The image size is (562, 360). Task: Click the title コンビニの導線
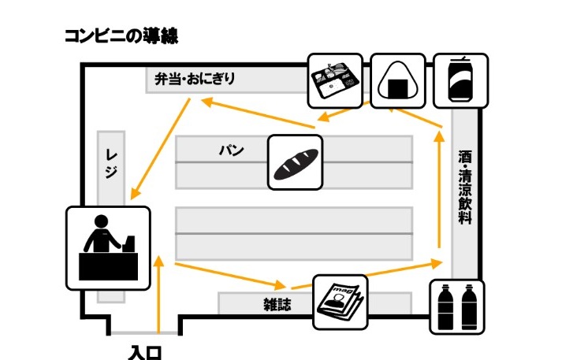pos(121,36)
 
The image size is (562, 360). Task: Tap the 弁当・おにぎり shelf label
pos(195,79)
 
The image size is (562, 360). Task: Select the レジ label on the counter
pos(111,164)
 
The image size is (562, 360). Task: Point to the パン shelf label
pos(232,150)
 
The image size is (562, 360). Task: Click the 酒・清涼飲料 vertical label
pos(465,187)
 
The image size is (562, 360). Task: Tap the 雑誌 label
pos(277,305)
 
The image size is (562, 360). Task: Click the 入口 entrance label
pos(145,352)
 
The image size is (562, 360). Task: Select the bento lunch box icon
pos(335,80)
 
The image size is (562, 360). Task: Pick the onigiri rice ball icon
pos(398,80)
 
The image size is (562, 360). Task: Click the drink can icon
pos(461,80)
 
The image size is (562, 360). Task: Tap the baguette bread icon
pos(296,162)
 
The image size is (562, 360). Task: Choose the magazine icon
pos(341,302)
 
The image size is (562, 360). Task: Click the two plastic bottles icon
pos(457,307)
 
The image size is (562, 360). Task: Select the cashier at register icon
pos(108,248)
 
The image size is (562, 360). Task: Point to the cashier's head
pos(101,221)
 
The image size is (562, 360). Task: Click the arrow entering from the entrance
pos(158,295)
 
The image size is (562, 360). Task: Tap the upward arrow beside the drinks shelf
pos(439,190)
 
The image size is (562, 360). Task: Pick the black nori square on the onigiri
pos(398,88)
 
